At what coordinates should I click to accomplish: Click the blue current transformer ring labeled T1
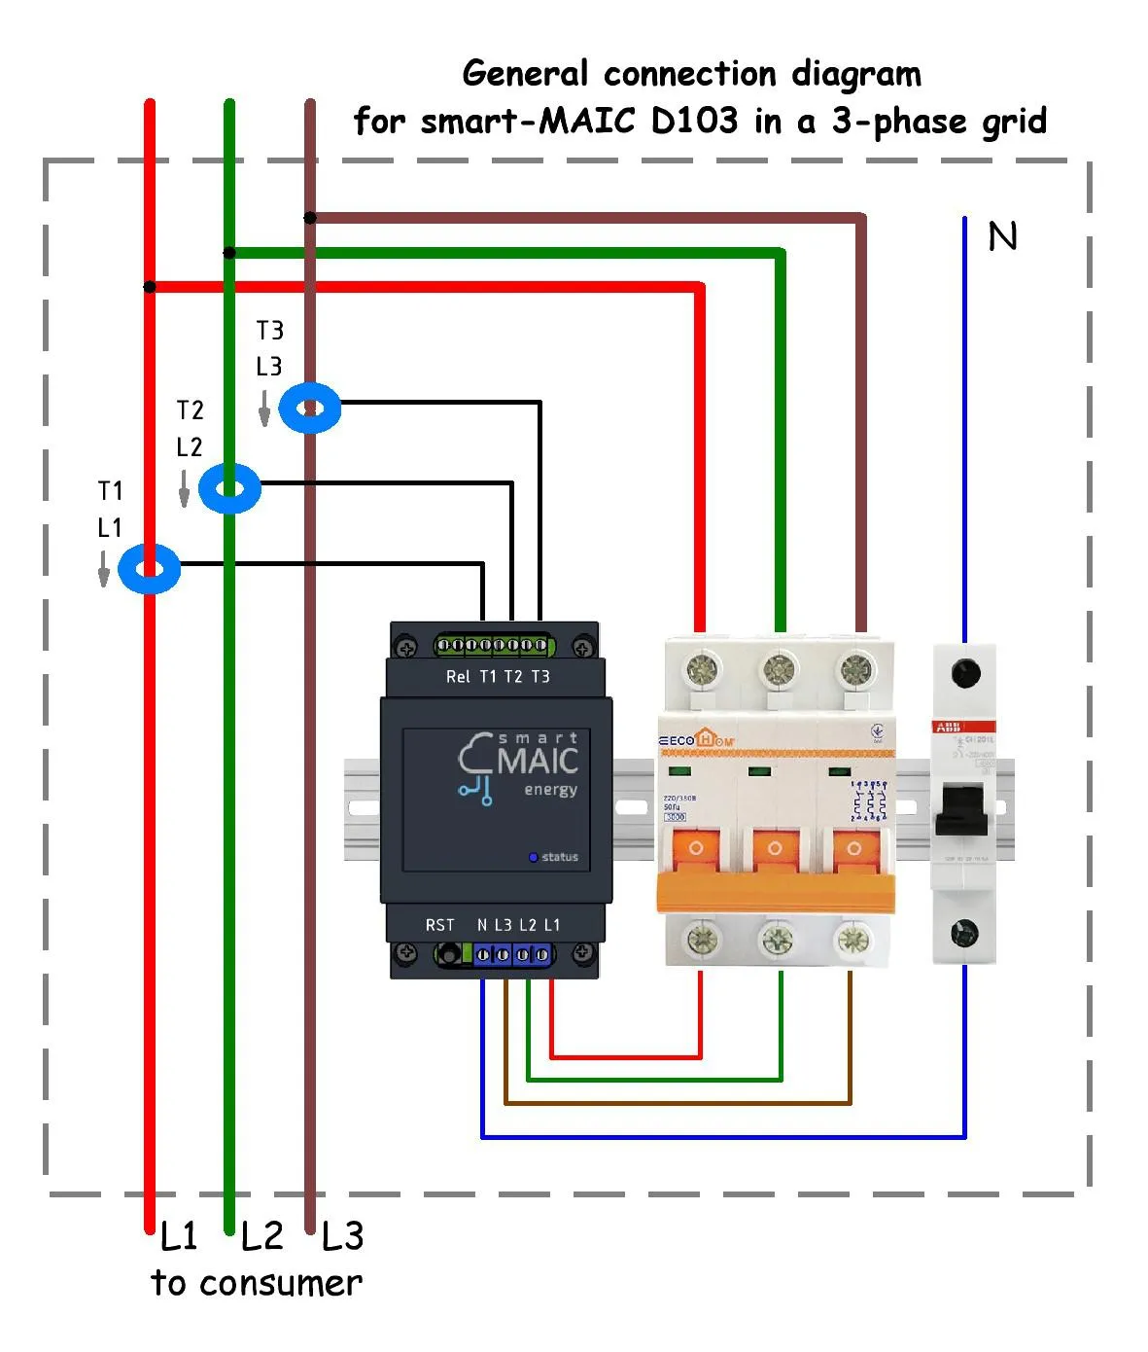[x=149, y=569]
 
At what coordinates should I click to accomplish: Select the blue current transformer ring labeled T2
[x=229, y=488]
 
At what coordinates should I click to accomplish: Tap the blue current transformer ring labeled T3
[x=310, y=408]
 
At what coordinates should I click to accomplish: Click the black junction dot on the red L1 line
[x=149, y=286]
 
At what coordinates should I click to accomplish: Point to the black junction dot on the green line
[x=229, y=253]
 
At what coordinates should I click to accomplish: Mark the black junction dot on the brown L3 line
[x=310, y=218]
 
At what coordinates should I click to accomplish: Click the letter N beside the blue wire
[x=1002, y=236]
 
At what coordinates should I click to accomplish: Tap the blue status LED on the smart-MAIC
[x=533, y=857]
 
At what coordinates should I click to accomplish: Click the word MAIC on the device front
[x=538, y=761]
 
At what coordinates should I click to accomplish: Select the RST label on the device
[x=439, y=925]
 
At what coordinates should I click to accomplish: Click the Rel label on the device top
[x=458, y=677]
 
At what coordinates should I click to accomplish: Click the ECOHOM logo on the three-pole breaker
[x=697, y=740]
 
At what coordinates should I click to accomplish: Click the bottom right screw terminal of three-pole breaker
[x=852, y=940]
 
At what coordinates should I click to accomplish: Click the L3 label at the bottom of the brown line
[x=342, y=1237]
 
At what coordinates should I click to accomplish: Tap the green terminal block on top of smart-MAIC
[x=492, y=645]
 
